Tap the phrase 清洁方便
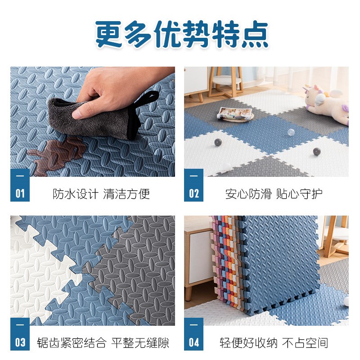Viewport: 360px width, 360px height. tap(126, 194)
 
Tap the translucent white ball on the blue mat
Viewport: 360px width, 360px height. tap(291, 132)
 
